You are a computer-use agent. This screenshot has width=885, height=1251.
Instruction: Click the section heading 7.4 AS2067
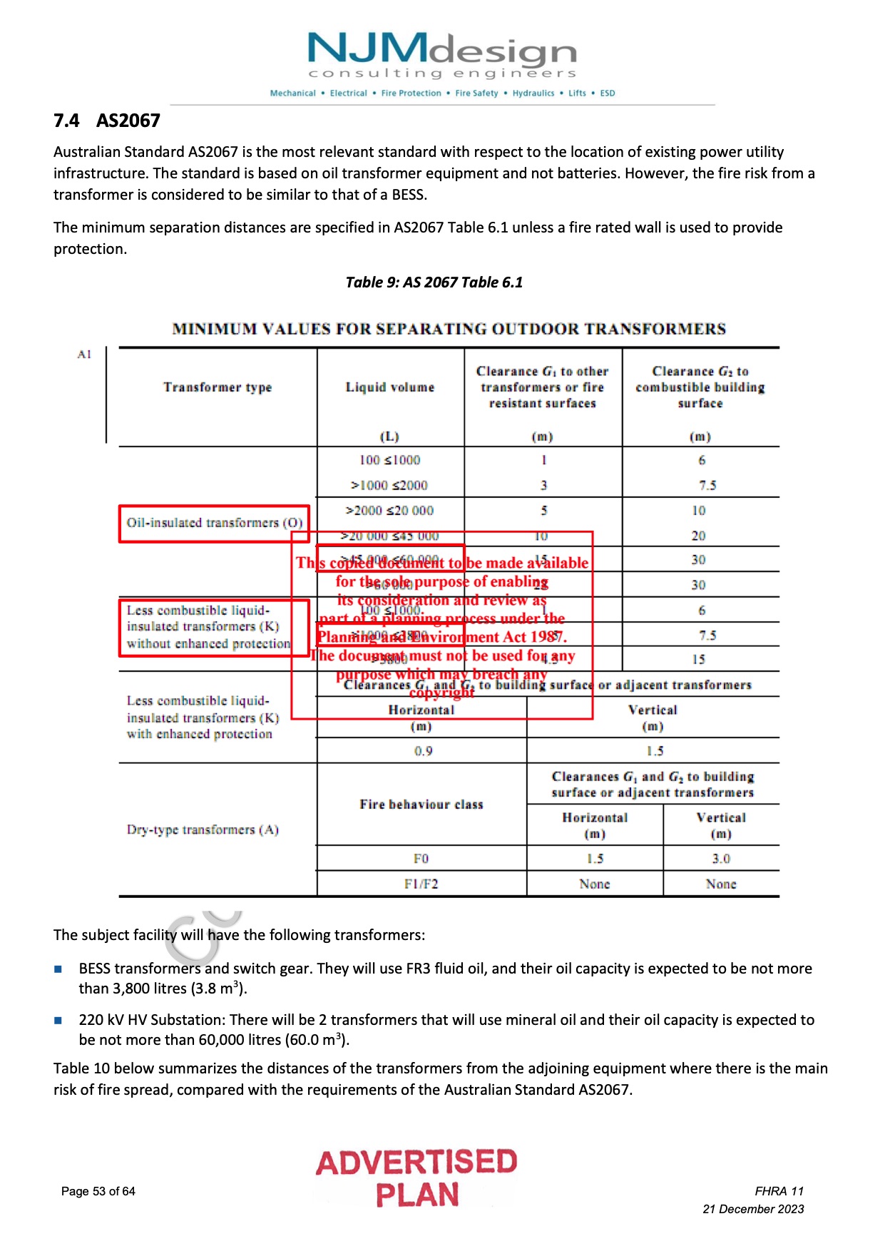point(107,121)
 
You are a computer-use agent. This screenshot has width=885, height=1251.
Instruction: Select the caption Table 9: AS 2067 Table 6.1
point(434,282)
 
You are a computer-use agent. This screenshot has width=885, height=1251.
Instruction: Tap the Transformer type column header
point(218,387)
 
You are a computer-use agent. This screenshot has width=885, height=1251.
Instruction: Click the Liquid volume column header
point(389,387)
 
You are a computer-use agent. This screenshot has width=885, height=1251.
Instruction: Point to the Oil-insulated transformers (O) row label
point(215,523)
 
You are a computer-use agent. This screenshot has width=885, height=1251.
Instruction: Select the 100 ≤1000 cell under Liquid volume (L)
point(389,460)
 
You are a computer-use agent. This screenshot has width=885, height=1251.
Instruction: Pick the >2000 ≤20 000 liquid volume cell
point(389,511)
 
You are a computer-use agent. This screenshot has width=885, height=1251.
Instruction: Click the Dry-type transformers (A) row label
point(203,829)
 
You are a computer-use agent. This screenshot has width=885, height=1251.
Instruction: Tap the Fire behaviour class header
point(421,805)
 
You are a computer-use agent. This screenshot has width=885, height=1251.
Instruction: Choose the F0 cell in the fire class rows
point(421,859)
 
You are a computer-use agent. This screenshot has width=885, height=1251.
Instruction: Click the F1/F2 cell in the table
point(421,884)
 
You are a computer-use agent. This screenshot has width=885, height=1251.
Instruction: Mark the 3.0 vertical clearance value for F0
point(721,859)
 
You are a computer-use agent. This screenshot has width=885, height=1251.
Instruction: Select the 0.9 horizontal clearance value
point(423,751)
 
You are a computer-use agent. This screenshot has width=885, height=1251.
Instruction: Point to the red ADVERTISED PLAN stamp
point(417,1178)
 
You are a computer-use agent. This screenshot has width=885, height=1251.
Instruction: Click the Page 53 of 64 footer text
point(98,1191)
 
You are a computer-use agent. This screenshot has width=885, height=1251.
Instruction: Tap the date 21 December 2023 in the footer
point(753,1209)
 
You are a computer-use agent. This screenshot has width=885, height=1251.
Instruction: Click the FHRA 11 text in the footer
point(779,1191)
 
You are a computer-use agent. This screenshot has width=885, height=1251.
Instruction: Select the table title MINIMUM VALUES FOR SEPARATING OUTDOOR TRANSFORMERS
point(449,329)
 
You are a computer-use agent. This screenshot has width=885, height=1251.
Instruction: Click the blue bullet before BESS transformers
point(58,969)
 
